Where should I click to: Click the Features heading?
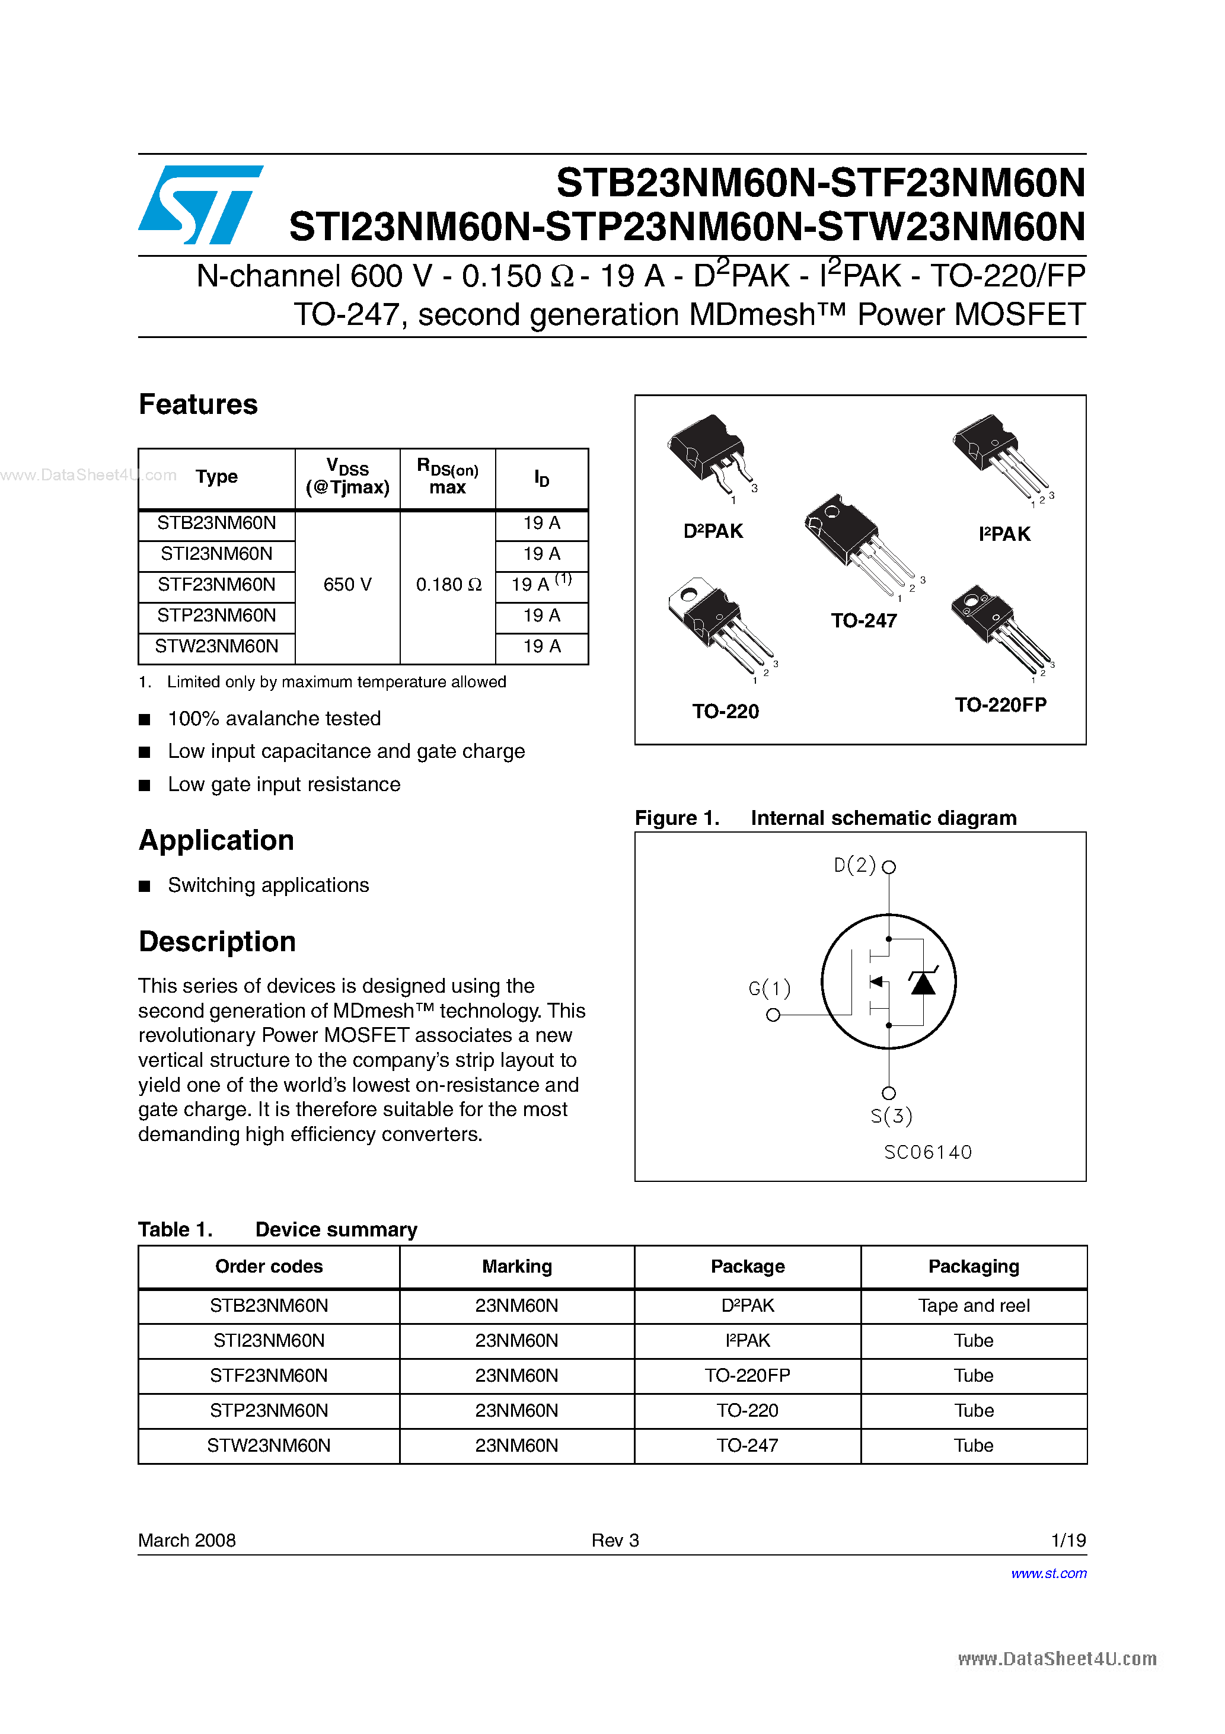[x=198, y=405]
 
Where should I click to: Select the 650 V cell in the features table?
[x=347, y=585]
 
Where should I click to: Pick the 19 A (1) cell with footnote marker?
[x=541, y=584]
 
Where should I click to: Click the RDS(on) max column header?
[x=448, y=477]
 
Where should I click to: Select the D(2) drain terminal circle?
[x=889, y=867]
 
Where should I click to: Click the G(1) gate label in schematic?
[x=769, y=988]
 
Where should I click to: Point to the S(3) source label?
[x=891, y=1116]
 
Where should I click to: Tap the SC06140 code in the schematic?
[x=927, y=1152]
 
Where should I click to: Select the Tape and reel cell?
[x=974, y=1306]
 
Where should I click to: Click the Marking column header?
[x=516, y=1267]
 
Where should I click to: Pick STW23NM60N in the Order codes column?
[x=269, y=1446]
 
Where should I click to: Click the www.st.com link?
[x=1048, y=1573]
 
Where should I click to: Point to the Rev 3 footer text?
[x=615, y=1540]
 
